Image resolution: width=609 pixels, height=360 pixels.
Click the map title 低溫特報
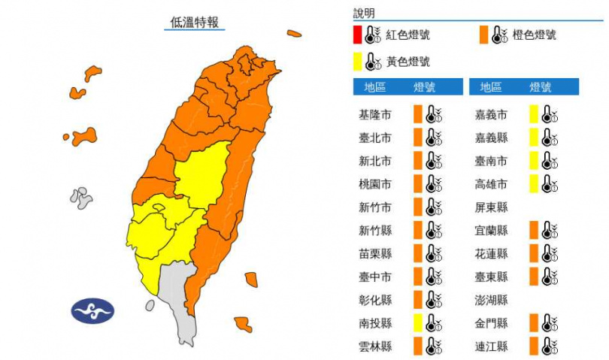(x=195, y=23)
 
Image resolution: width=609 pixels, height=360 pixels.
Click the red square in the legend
(x=358, y=35)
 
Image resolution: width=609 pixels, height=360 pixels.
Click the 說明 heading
(x=364, y=14)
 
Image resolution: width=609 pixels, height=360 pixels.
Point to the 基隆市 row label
(x=374, y=115)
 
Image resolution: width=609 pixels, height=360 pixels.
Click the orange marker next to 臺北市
(x=417, y=138)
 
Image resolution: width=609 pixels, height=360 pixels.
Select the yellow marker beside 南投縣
(x=417, y=323)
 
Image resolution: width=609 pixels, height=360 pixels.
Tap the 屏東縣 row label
(x=491, y=207)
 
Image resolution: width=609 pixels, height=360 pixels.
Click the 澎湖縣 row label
(x=491, y=300)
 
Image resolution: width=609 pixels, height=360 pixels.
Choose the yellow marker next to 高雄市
(x=533, y=184)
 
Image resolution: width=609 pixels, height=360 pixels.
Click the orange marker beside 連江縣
(x=533, y=346)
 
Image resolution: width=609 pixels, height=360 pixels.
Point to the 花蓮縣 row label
(x=491, y=253)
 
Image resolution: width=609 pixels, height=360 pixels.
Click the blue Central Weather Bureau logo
(x=92, y=310)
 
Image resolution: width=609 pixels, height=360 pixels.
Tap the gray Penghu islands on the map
(x=80, y=198)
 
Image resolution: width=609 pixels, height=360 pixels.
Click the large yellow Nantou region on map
(x=203, y=177)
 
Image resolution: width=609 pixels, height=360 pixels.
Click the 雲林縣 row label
(x=374, y=346)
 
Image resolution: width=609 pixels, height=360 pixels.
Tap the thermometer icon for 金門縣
(x=550, y=323)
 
